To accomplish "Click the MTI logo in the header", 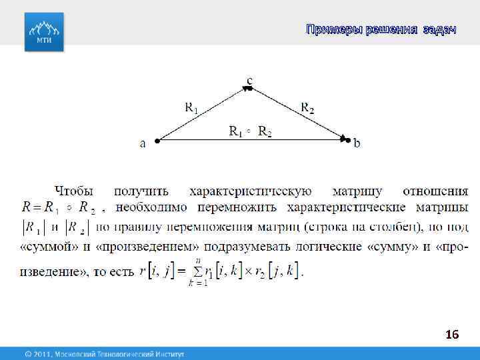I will point(44,31).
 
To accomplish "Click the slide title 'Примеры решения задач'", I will point(381,29).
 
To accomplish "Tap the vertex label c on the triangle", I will point(249,81).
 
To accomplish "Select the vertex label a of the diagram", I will point(143,142).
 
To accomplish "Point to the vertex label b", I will point(357,142).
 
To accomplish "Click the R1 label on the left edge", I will point(191,106).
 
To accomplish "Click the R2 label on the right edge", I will point(307,106).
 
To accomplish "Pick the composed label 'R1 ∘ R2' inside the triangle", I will point(250,131).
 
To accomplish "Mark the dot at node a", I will point(157,141).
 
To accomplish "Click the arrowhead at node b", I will point(344,139).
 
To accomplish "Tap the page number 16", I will point(452,335).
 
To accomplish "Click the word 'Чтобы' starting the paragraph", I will point(75,191).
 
